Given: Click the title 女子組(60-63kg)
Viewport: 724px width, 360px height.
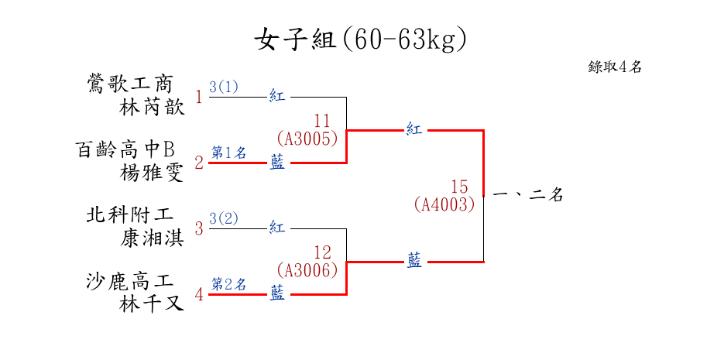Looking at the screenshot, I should tap(361, 39).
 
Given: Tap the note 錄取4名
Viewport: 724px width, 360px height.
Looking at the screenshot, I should tap(615, 67).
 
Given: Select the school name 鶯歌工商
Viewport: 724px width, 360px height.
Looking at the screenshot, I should tap(131, 84).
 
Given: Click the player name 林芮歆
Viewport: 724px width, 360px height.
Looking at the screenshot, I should tap(152, 108).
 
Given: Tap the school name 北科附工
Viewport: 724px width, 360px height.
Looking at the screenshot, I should tap(130, 214).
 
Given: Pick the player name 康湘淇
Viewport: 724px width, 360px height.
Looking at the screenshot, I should tap(152, 238).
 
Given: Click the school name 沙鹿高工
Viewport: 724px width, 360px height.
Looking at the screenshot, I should tap(130, 280).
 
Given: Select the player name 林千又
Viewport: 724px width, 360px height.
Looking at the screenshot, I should tap(152, 304).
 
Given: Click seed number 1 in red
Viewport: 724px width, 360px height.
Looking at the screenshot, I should tap(199, 98).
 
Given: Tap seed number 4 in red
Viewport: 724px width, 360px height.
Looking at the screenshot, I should tap(199, 294).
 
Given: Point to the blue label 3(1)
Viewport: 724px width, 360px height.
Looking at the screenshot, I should tap(224, 86).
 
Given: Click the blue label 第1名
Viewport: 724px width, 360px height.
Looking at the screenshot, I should tap(228, 153).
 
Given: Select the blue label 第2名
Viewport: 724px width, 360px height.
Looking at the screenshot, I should tap(228, 284).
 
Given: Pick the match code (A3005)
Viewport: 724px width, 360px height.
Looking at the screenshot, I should tap(307, 139).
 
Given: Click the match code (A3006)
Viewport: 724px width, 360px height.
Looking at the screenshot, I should tap(307, 270).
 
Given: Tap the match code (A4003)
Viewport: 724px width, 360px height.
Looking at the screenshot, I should tap(444, 204).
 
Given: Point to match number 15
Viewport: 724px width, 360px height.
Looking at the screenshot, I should tap(459, 187).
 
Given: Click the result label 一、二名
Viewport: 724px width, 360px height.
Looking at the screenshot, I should tap(527, 196).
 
